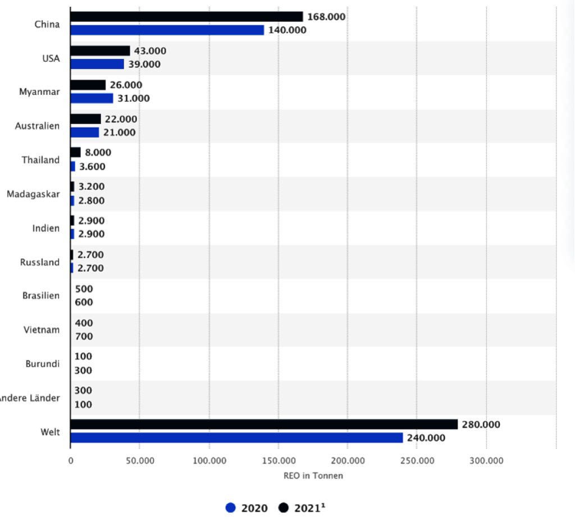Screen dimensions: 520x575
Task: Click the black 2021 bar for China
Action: (186, 17)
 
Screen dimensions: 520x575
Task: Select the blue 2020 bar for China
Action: (167, 30)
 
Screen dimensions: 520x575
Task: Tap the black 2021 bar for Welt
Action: (264, 425)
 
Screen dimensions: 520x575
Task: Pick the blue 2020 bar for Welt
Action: (236, 438)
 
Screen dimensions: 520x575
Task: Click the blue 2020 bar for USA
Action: (97, 65)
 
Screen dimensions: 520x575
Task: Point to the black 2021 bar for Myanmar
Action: (88, 85)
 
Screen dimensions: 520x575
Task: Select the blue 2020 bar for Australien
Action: (85, 133)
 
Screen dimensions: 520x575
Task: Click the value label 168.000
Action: (326, 17)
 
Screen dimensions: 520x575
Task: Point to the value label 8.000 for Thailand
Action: (98, 153)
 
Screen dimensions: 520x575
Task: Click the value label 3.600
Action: (92, 166)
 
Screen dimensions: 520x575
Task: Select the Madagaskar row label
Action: (33, 194)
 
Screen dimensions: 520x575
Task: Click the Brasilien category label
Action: (41, 295)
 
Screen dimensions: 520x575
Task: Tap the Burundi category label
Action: (43, 364)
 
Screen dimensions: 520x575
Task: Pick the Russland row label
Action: (40, 262)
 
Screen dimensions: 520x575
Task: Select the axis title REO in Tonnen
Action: (313, 476)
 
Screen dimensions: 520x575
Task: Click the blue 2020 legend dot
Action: (230, 508)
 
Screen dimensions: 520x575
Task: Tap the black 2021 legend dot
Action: (284, 508)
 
